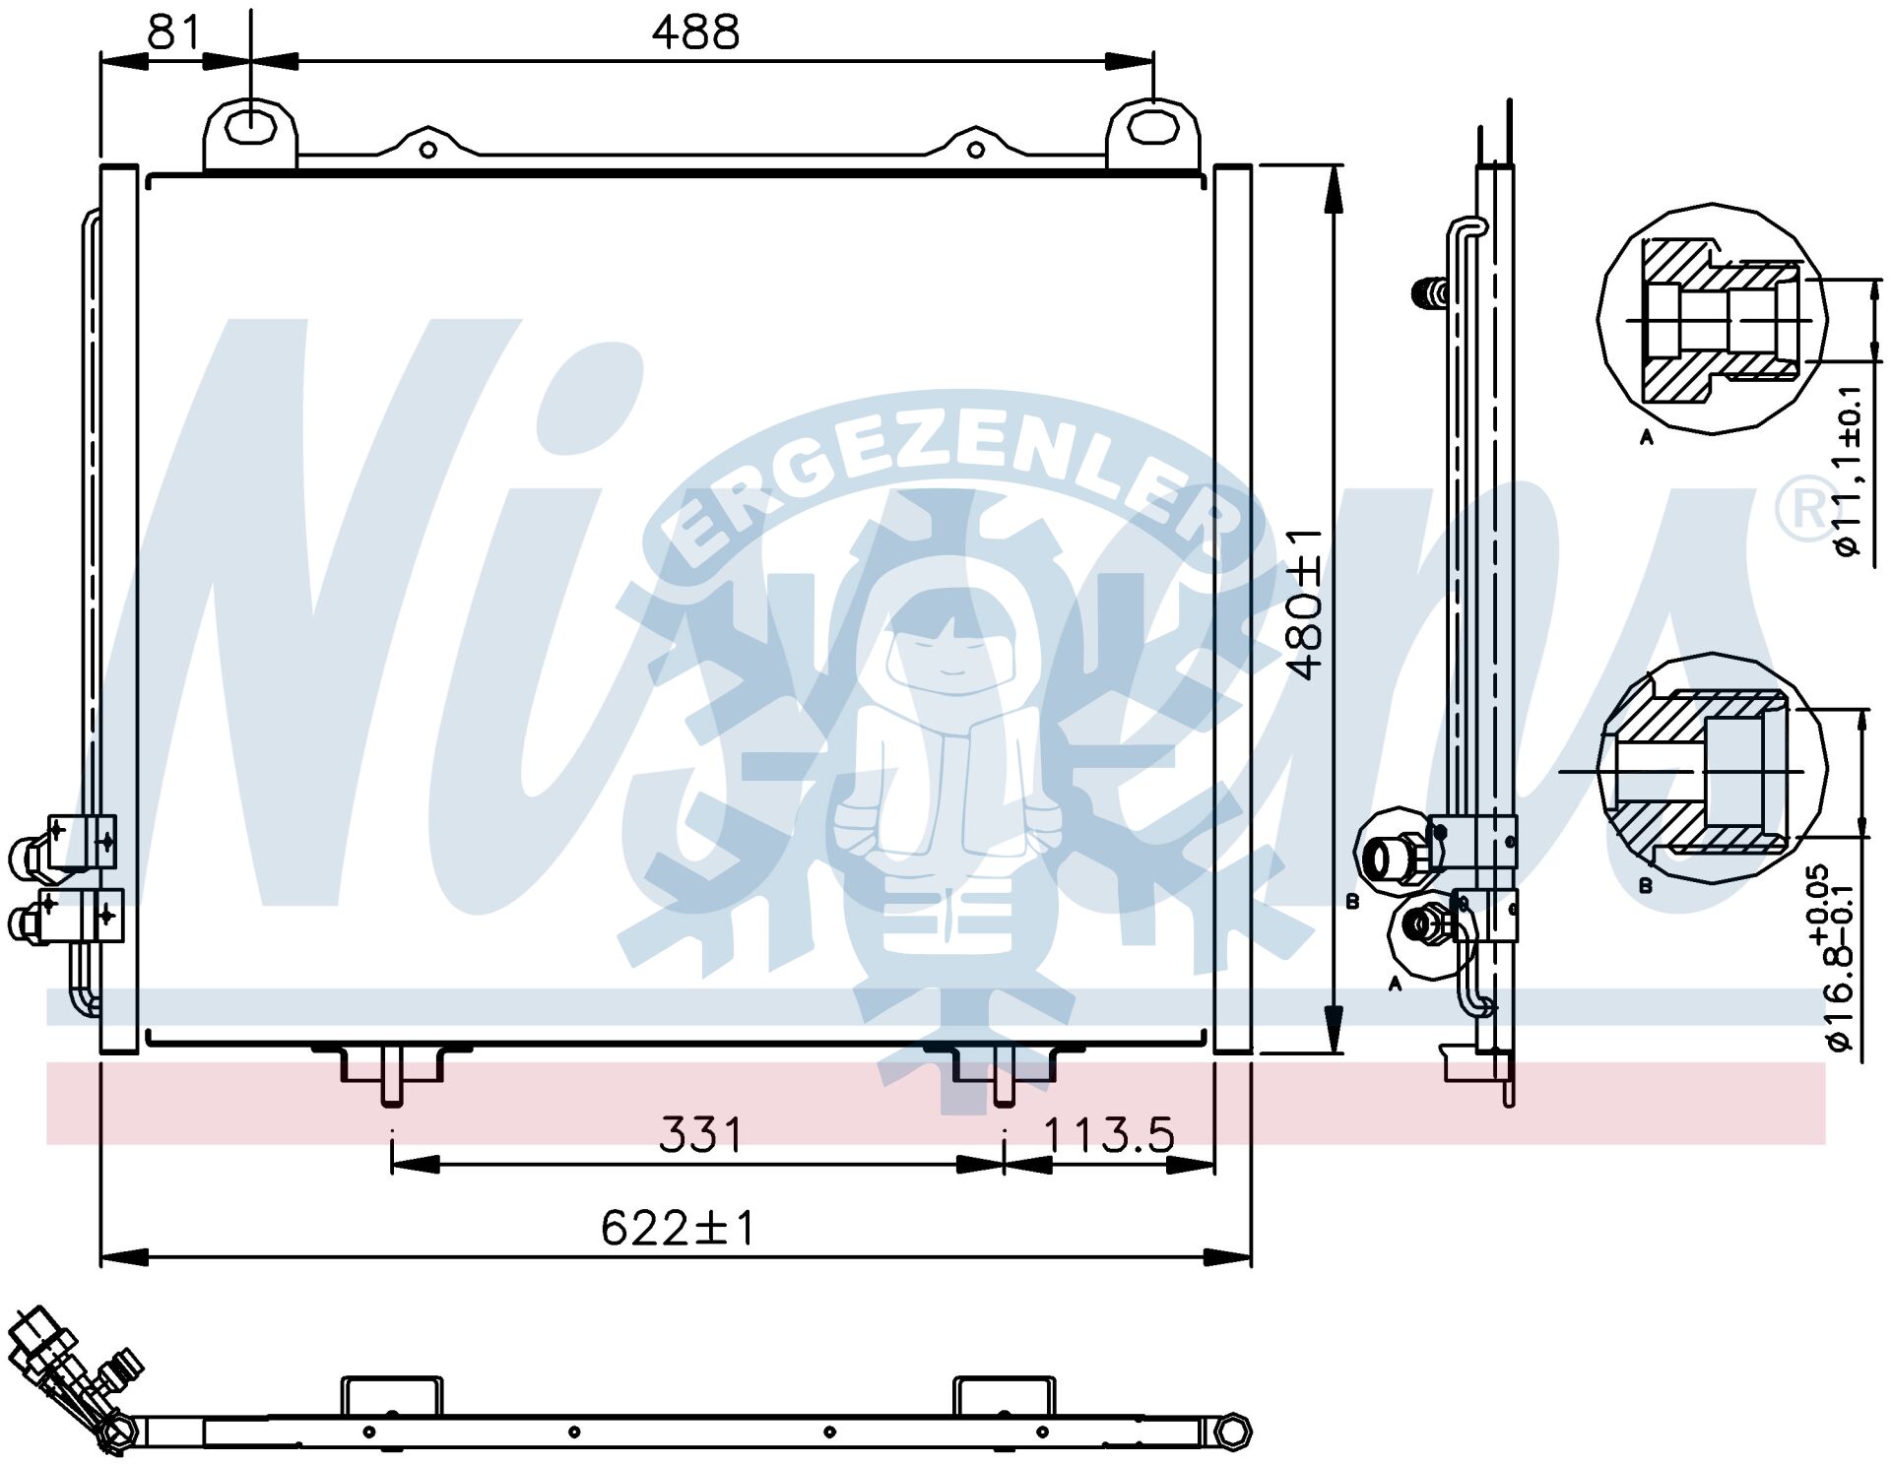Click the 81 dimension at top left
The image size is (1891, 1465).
[x=174, y=32]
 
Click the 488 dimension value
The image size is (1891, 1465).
[x=695, y=32]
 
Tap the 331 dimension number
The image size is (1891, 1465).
[x=700, y=1135]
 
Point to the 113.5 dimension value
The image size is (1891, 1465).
[x=1109, y=1135]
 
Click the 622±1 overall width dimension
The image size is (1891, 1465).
[x=678, y=1228]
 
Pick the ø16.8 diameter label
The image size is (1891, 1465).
[x=1838, y=960]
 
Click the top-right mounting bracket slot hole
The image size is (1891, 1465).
[x=1152, y=126]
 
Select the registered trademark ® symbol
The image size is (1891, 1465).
[x=1805, y=508]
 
